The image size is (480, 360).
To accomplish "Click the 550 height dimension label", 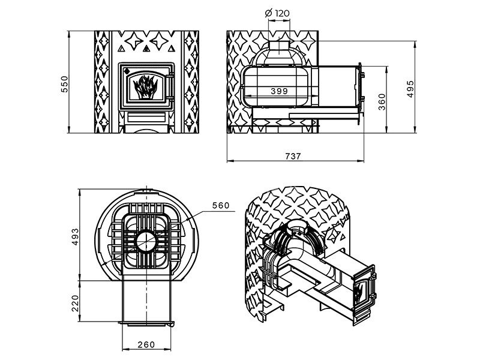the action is click(x=65, y=84).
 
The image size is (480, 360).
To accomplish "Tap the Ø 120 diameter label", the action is click(x=277, y=13).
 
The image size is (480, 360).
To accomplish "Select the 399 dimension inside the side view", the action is click(x=279, y=91).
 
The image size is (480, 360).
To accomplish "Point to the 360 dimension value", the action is click(x=382, y=101).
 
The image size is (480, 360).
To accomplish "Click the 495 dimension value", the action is click(x=410, y=89).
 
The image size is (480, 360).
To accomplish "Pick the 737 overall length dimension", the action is click(x=293, y=156).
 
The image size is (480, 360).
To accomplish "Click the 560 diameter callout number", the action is click(x=221, y=205).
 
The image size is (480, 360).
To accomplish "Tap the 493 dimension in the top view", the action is click(x=75, y=237).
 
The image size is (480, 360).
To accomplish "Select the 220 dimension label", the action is click(x=75, y=303).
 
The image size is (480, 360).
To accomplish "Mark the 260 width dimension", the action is click(x=146, y=344).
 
